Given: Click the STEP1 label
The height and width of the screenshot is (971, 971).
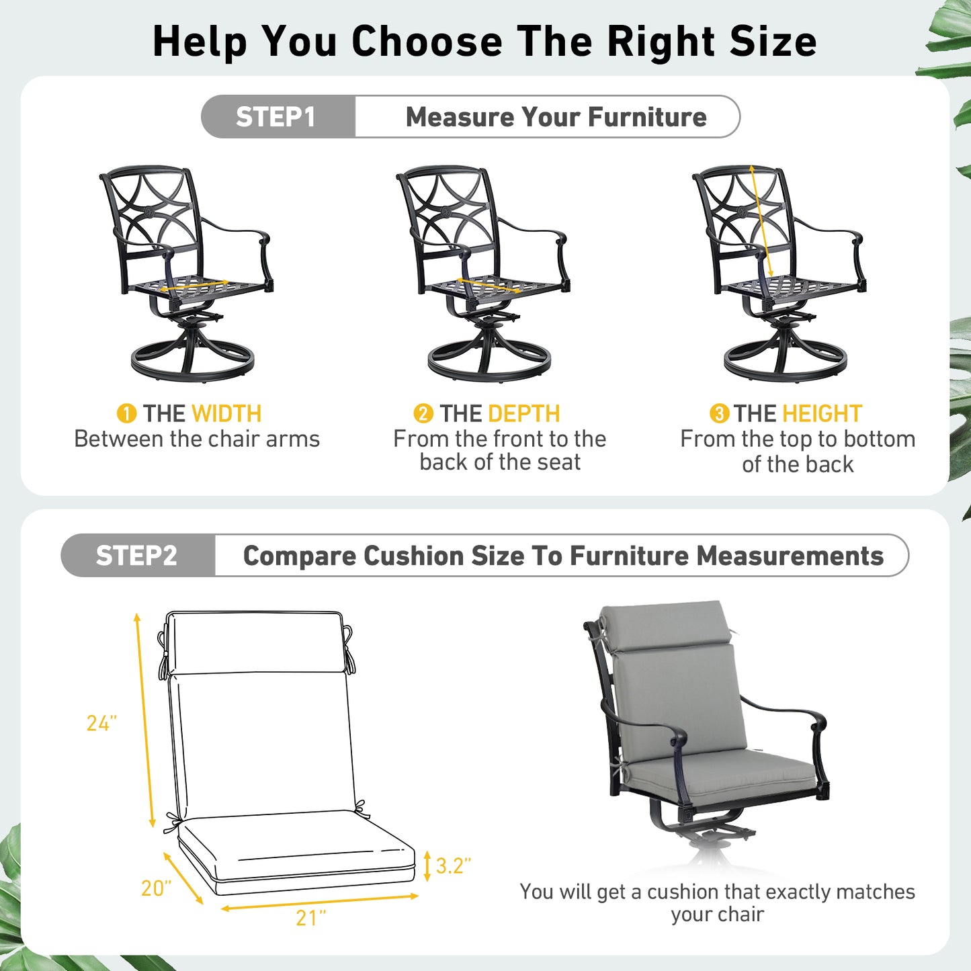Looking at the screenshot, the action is (275, 117).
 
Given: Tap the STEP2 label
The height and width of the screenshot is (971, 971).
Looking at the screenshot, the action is (136, 555).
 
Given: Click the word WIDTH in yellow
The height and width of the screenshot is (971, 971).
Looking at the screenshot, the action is (226, 414).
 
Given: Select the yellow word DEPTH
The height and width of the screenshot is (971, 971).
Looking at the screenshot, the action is (524, 414).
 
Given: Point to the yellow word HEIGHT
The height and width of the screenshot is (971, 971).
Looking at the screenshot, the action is (822, 414).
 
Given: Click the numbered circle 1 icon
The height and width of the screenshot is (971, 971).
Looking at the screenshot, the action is (126, 414).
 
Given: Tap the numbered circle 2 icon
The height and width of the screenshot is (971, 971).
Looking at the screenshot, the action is (423, 414).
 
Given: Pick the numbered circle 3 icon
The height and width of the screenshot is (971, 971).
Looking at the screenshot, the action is (719, 414).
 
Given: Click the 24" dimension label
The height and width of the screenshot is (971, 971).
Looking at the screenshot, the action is (101, 723).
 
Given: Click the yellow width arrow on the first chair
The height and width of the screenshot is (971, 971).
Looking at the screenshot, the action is (194, 286).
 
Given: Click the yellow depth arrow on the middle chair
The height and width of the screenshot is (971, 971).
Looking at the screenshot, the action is (489, 285).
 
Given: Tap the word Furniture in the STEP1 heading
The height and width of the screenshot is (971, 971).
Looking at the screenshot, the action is (647, 117).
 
